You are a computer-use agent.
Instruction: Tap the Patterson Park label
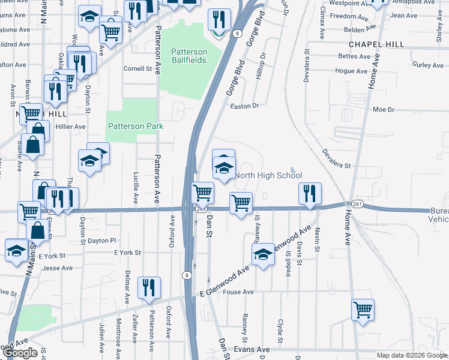pos(135,126)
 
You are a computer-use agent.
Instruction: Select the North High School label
pos(268,175)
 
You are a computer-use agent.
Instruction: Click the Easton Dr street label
pos(244,106)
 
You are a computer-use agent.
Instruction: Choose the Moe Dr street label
pos(383,110)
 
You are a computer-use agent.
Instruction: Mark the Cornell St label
pos(137,68)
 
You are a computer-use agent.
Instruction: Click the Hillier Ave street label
pos(71,127)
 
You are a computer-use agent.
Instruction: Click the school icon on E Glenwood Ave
pos(262,254)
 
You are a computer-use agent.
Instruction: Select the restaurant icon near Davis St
pos(310,193)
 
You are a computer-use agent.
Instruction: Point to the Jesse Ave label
pos(58,268)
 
